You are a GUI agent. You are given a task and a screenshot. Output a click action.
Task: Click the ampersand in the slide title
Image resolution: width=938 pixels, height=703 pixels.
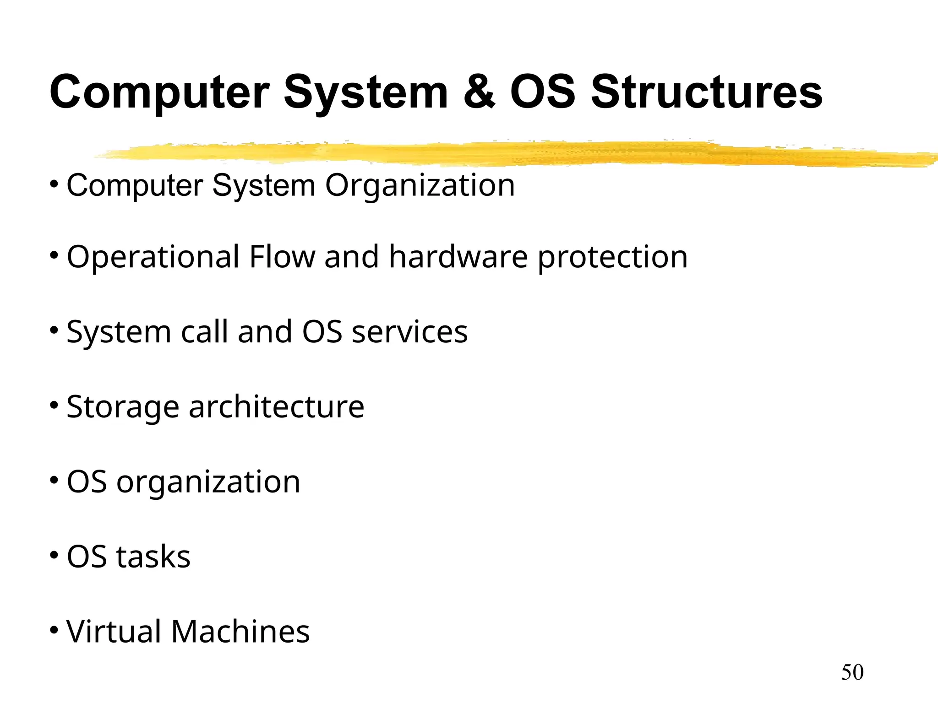[479, 92]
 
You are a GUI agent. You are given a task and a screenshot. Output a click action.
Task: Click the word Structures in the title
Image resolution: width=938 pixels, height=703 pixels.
[707, 92]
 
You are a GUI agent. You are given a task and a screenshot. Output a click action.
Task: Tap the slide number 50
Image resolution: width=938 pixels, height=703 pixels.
[852, 672]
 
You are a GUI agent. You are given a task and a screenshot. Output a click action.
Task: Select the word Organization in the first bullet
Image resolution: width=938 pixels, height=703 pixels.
[420, 185]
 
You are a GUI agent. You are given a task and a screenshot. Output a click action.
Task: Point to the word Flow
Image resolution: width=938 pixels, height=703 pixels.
[282, 257]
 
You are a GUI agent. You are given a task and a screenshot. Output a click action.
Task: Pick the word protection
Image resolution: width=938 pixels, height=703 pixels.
[612, 258]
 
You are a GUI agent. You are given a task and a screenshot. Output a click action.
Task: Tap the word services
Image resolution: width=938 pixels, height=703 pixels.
[409, 332]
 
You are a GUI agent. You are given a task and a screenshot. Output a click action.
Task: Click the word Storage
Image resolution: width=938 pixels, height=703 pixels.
[123, 407]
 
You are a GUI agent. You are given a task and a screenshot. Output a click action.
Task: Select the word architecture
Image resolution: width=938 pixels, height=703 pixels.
[276, 406]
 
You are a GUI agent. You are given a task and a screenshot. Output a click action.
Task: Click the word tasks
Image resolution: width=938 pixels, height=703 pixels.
[153, 557]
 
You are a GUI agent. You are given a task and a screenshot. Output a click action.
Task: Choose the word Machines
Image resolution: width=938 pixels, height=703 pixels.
[240, 632]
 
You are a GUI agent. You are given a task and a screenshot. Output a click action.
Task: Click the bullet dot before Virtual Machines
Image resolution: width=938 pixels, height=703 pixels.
[54, 630]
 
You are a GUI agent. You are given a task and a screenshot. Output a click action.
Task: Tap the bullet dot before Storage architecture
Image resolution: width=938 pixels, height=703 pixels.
[54, 405]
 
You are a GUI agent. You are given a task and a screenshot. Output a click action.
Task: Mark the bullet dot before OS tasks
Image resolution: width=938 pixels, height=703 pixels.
[54, 555]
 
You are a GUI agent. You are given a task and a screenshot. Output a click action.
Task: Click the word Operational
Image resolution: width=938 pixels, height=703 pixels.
[153, 258]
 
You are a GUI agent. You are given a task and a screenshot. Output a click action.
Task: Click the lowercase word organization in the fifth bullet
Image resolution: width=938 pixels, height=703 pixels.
[208, 483]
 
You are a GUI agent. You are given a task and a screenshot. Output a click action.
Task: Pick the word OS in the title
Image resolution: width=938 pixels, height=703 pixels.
[543, 92]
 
